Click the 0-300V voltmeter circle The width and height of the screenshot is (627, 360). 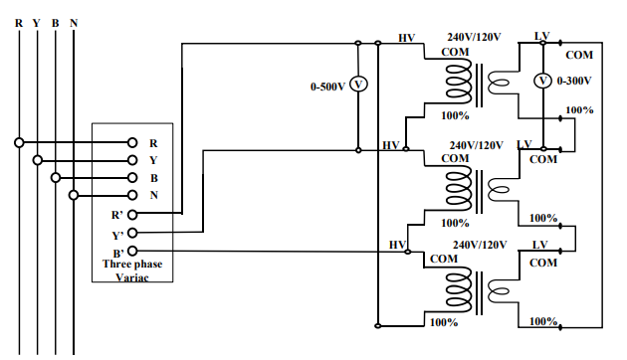pyautogui.click(x=542, y=80)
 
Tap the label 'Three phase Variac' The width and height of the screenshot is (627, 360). pyautogui.click(x=133, y=270)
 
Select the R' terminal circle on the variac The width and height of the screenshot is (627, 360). pyautogui.click(x=132, y=213)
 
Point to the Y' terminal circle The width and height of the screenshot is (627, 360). pyautogui.click(x=132, y=232)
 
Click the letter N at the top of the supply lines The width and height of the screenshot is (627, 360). pyautogui.click(x=74, y=22)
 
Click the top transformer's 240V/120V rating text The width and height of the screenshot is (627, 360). pyautogui.click(x=474, y=37)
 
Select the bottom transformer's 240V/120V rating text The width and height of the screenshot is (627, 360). pyautogui.click(x=484, y=244)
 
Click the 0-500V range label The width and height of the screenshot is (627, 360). pyautogui.click(x=327, y=87)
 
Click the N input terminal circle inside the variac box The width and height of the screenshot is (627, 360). pyautogui.click(x=132, y=195)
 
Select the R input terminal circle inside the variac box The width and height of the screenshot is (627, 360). pyautogui.click(x=132, y=142)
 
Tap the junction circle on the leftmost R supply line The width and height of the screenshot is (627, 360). pyautogui.click(x=19, y=142)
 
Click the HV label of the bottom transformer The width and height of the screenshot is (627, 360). pyautogui.click(x=398, y=245)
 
